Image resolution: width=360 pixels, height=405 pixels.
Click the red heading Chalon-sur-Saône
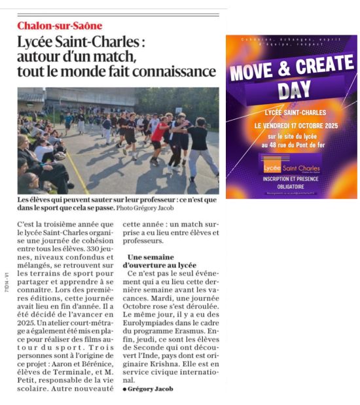tap(60, 26)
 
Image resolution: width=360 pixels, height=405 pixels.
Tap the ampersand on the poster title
tap(279, 67)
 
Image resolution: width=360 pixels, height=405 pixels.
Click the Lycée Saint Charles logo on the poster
tap(291, 168)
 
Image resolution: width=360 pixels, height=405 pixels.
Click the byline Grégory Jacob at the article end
tap(149, 389)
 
